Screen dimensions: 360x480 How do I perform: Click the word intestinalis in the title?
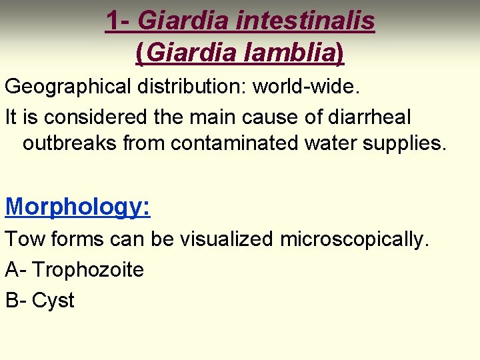305,21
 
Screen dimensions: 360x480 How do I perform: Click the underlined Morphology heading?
77,207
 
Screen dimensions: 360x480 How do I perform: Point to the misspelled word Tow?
25,239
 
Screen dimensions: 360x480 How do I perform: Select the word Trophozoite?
88,270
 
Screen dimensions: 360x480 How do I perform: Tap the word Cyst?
53,301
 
